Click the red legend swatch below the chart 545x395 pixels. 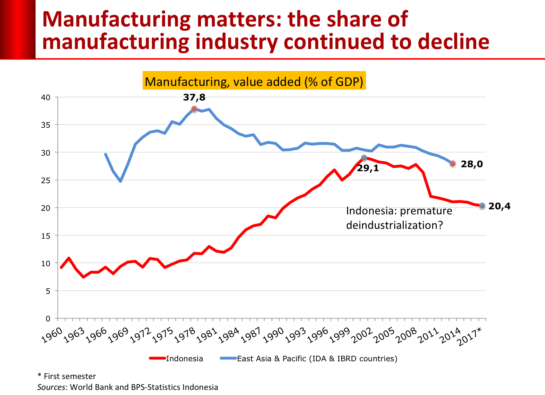click(x=157, y=358)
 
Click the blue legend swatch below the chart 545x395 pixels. click(x=228, y=358)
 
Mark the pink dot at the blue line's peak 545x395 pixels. click(x=194, y=108)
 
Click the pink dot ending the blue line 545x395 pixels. click(x=452, y=163)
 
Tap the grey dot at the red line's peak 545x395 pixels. click(x=364, y=157)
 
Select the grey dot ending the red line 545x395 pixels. click(x=482, y=205)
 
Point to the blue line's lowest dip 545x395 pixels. click(x=120, y=181)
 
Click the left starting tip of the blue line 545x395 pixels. click(x=105, y=154)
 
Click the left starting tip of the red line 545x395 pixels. click(x=61, y=268)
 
